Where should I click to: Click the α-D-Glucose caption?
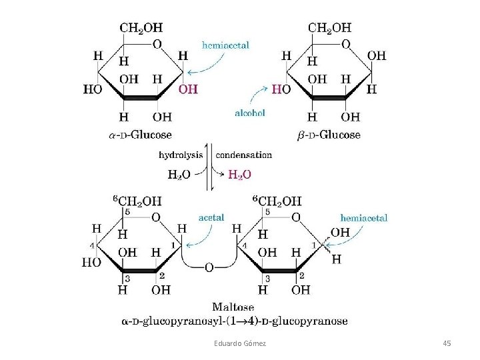coord(139,135)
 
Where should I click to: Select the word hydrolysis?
coord(181,155)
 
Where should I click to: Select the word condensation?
coord(243,155)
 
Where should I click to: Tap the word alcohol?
coord(249,113)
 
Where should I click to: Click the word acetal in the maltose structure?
coord(211,217)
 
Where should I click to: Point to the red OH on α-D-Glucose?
coord(188,89)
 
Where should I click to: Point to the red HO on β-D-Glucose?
coord(281,89)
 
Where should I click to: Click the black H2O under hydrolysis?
coord(179,175)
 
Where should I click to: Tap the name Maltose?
coord(233,307)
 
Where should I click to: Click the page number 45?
coord(447,343)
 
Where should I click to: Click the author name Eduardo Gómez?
coord(239,343)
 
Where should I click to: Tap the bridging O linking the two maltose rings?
coord(209,267)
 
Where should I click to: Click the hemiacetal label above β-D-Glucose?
coord(225,45)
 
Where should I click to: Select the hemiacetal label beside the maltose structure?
coord(363,217)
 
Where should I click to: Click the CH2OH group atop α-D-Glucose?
coord(141,28)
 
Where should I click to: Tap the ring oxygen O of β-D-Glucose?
coord(346,44)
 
